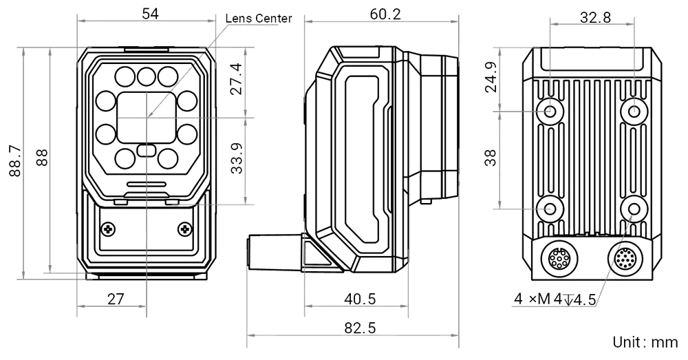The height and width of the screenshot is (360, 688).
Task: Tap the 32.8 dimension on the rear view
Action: tap(595, 19)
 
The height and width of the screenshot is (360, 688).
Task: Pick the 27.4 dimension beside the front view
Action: tap(236, 82)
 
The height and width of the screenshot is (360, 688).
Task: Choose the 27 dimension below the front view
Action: tap(114, 299)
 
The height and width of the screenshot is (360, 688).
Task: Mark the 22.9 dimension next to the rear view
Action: tap(510, 76)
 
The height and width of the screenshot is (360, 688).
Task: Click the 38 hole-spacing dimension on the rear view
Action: tap(510, 158)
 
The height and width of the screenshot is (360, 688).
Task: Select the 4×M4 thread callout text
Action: tap(554, 299)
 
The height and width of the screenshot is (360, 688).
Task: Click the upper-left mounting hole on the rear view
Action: tap(550, 110)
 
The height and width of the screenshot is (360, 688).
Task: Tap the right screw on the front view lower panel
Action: tap(184, 228)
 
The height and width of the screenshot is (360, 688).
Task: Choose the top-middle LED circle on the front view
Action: tap(145, 75)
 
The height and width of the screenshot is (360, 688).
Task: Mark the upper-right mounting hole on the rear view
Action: tap(634, 110)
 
